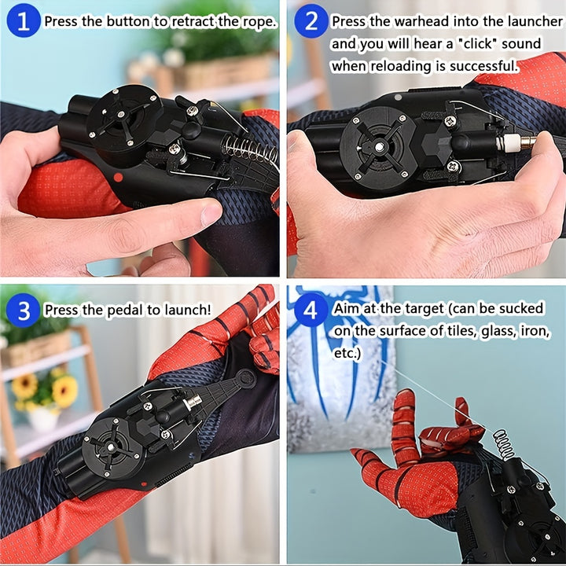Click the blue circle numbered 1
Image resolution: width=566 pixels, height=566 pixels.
pyautogui.click(x=24, y=20)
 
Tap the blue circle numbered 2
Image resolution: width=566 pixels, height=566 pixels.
pyautogui.click(x=311, y=20)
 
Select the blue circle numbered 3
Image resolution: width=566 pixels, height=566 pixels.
pyautogui.click(x=24, y=310)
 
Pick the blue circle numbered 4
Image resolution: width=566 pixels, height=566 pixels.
pyautogui.click(x=311, y=310)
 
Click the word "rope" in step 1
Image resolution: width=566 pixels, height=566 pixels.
pyautogui.click(x=259, y=22)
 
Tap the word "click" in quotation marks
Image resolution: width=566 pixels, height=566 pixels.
pyautogui.click(x=476, y=44)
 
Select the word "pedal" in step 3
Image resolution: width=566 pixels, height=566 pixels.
pyautogui.click(x=125, y=310)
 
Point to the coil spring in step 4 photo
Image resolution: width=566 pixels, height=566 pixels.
pyautogui.click(x=504, y=444)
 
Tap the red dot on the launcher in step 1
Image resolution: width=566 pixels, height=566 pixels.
pyautogui.click(x=118, y=177)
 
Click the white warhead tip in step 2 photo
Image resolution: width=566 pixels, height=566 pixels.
pyautogui.click(x=509, y=141)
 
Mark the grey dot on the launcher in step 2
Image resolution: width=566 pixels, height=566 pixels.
pyautogui.click(x=398, y=97)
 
